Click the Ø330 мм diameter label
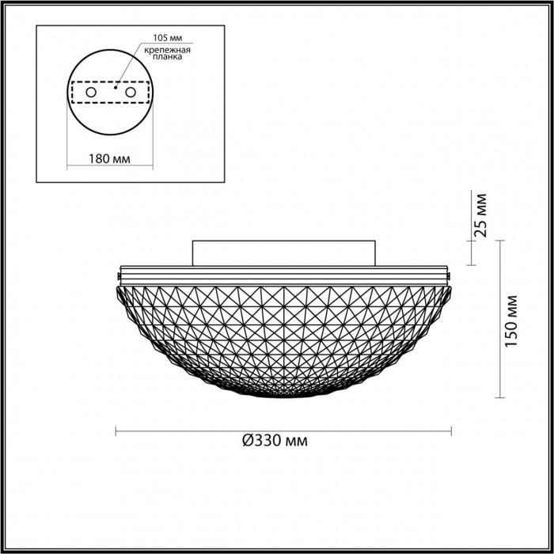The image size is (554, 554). (x=275, y=442)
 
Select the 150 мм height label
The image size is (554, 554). (x=512, y=320)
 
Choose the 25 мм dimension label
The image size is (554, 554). (x=480, y=217)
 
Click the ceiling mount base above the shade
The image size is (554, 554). (x=284, y=252)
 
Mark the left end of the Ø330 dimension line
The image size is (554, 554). (x=116, y=431)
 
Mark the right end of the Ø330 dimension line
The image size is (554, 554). (x=451, y=431)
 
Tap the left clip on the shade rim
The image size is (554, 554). (x=119, y=276)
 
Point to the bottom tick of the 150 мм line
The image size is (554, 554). (x=500, y=398)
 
